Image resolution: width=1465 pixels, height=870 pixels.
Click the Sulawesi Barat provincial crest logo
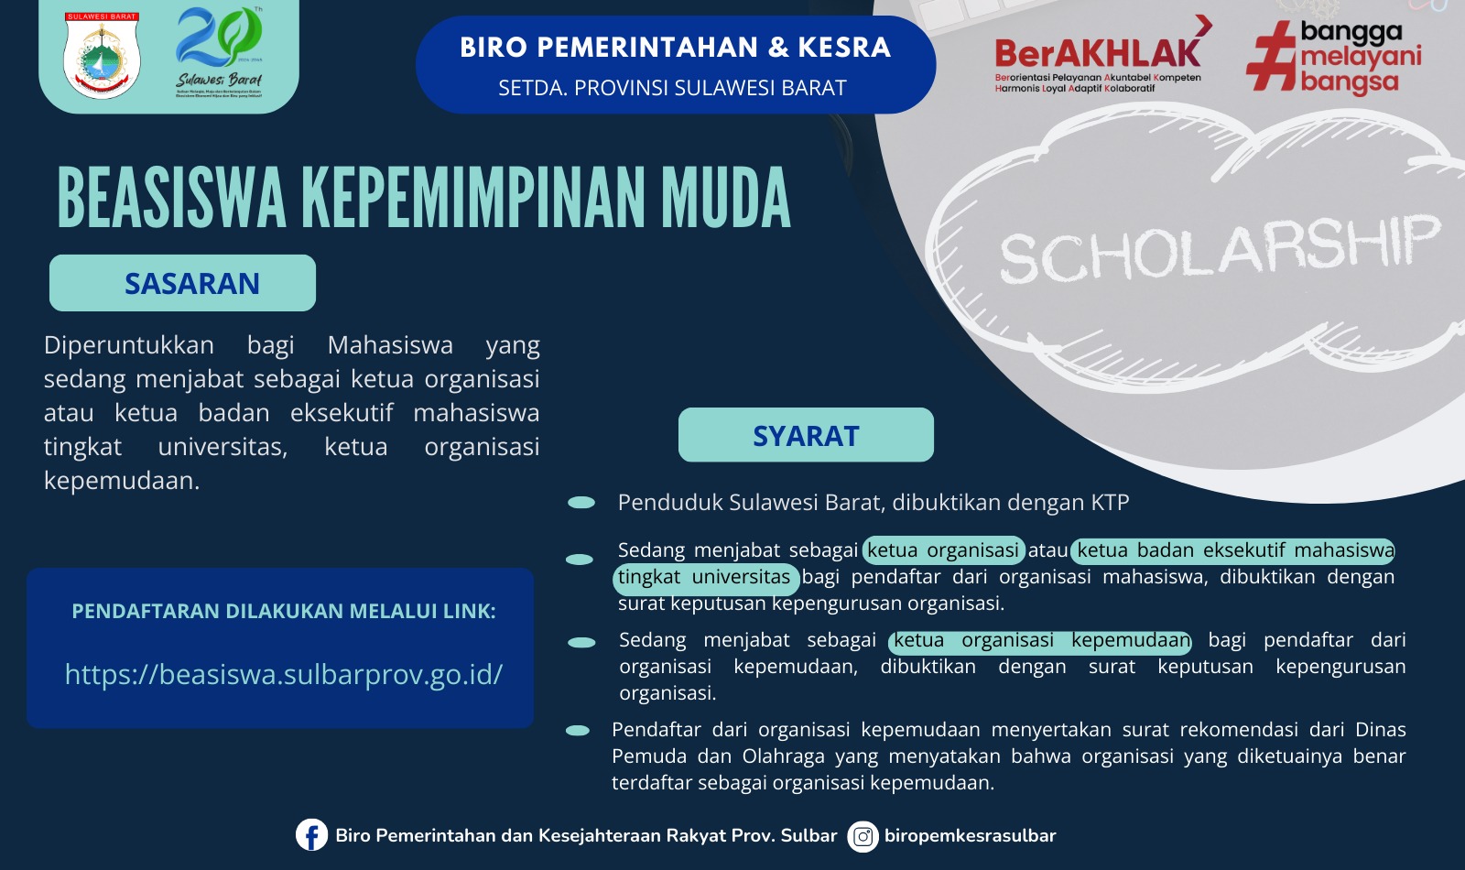(102, 55)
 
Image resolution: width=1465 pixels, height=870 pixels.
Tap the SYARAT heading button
(806, 436)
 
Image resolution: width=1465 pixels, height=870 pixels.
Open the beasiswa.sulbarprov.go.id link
(284, 675)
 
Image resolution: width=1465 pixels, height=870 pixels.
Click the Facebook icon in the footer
(311, 835)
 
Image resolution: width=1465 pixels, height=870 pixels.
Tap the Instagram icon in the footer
(863, 836)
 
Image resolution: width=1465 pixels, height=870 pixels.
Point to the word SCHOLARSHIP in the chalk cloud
(1218, 249)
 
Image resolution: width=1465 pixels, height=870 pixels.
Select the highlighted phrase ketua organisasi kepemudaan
(1041, 641)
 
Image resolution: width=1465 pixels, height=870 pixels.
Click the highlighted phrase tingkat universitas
(705, 578)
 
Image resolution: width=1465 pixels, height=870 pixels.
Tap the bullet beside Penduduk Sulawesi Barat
(581, 503)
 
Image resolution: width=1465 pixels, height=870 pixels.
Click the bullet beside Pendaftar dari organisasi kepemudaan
(578, 731)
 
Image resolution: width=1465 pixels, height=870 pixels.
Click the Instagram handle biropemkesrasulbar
(970, 836)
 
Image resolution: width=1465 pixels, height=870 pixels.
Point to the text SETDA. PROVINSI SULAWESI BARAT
(672, 88)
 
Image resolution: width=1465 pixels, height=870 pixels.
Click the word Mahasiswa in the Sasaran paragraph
(390, 345)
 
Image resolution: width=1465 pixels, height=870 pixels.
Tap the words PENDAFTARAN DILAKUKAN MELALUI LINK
(284, 612)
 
